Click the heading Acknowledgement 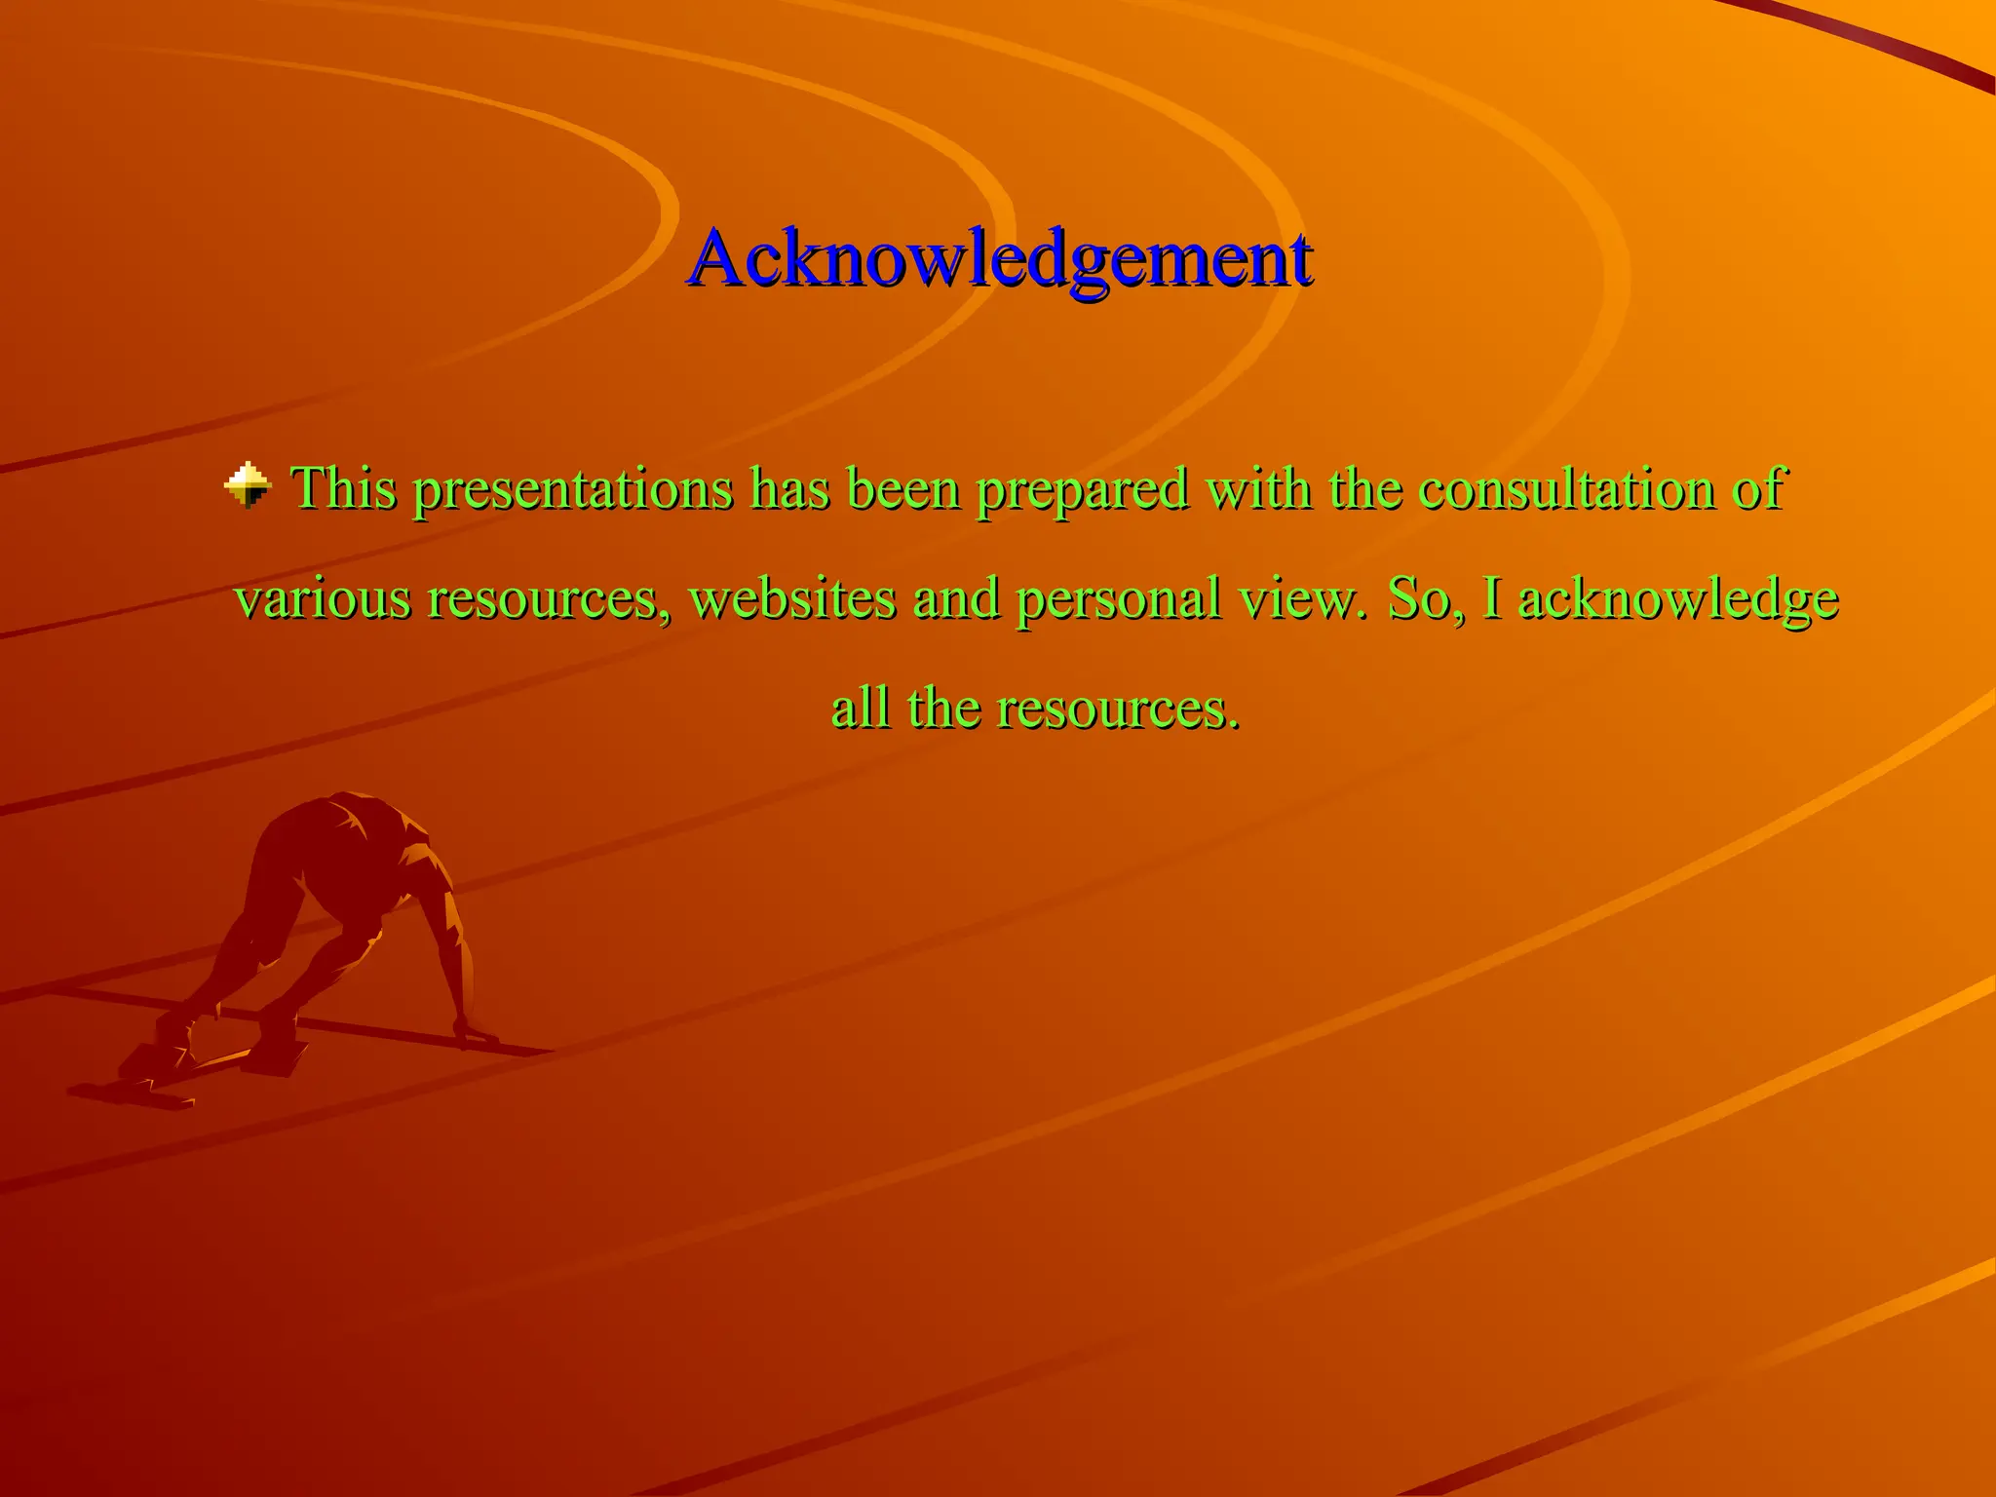coord(1000,259)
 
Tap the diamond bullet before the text coord(248,484)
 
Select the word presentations coord(572,490)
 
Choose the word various coord(323,598)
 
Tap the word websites coord(791,598)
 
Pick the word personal coord(1118,600)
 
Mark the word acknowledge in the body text coord(1678,600)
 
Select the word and coord(955,598)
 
